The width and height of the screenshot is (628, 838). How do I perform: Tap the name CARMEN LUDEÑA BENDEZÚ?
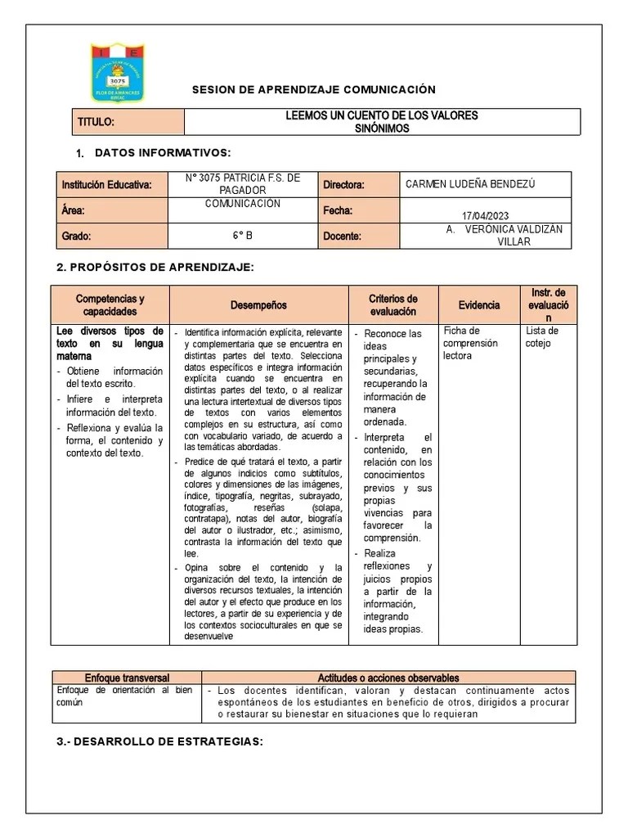(x=470, y=184)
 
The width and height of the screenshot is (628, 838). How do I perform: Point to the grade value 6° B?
(x=242, y=237)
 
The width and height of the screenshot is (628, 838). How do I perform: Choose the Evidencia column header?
(x=478, y=305)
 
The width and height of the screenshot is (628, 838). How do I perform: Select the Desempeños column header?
(x=258, y=305)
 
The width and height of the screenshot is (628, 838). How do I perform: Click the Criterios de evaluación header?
(x=393, y=305)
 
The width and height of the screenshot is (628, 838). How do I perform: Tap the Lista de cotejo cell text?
(x=542, y=337)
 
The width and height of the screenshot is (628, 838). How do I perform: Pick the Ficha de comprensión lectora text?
(x=470, y=343)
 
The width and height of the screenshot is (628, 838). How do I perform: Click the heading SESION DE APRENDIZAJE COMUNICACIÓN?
(x=313, y=90)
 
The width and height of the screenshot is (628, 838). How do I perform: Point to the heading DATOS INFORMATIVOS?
(x=163, y=153)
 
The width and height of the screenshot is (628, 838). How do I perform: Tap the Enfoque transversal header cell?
(x=127, y=678)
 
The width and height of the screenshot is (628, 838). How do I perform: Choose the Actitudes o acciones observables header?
(x=388, y=678)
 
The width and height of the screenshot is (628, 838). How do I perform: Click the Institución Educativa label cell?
(x=107, y=185)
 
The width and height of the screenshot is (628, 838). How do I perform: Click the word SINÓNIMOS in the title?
(x=382, y=128)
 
